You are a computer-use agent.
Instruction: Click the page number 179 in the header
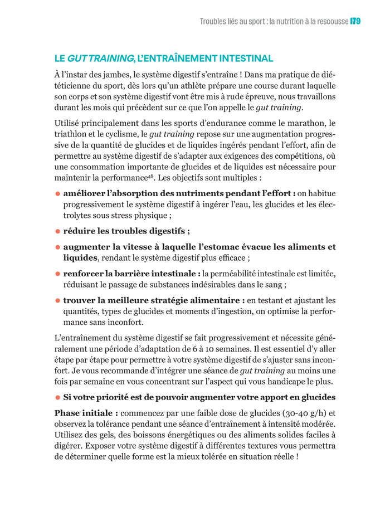355,22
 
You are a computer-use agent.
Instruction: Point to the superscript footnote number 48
150,176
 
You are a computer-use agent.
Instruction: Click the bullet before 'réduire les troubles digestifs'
57,231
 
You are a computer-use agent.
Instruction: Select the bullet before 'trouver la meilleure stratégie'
57,300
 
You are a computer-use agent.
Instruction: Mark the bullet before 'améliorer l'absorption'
57,193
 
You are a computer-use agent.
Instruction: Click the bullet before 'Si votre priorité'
57,397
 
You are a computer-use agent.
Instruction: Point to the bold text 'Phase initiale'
86,413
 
